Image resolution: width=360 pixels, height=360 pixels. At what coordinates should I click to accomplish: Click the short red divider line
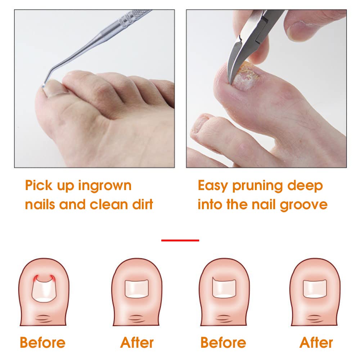coord(180,240)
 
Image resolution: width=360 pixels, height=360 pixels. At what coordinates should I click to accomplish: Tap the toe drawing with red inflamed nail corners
coord(44,292)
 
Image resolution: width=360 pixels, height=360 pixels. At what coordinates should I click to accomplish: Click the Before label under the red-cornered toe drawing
coord(42,342)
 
